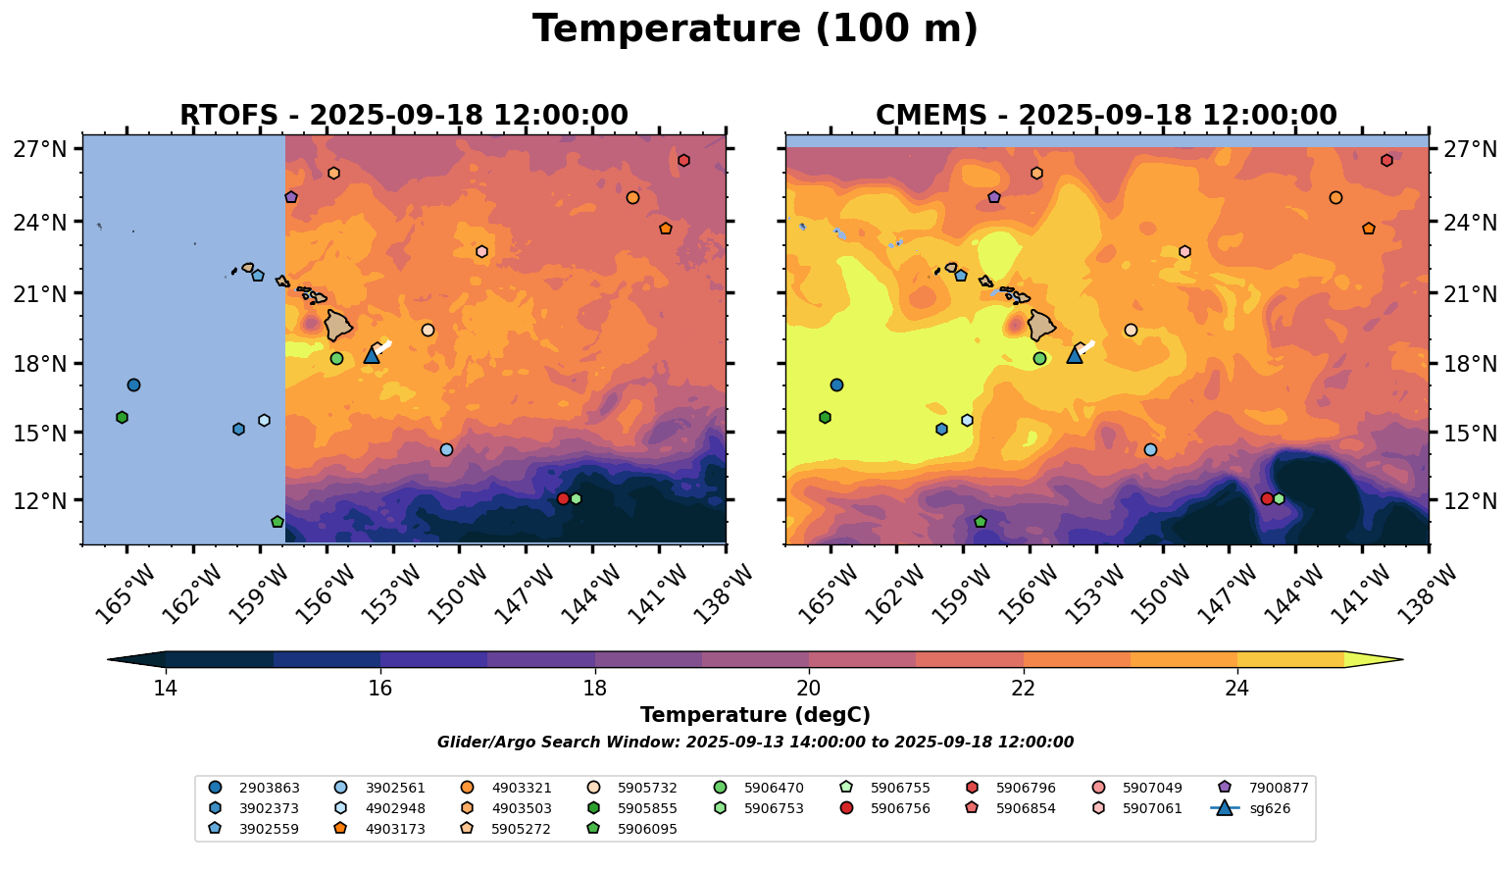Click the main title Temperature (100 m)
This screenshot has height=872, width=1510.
pyautogui.click(x=755, y=29)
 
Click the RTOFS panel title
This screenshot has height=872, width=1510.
pyautogui.click(x=403, y=116)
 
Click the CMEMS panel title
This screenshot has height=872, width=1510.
pyautogui.click(x=1106, y=116)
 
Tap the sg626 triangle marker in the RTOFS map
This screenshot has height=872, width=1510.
pyautogui.click(x=372, y=355)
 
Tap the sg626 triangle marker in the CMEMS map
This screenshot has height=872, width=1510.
pyautogui.click(x=1075, y=355)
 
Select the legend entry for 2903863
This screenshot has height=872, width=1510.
pyautogui.click(x=254, y=788)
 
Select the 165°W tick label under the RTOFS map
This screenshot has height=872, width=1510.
pyautogui.click(x=126, y=593)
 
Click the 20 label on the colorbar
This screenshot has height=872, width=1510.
pyautogui.click(x=809, y=688)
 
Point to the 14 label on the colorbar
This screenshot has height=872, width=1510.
pyautogui.click(x=166, y=688)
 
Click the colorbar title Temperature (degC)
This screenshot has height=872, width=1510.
pyautogui.click(x=755, y=715)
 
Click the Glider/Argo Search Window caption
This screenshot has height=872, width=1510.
pyautogui.click(x=755, y=743)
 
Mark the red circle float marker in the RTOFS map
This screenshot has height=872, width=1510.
pyautogui.click(x=563, y=499)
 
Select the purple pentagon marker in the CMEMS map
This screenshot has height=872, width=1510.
pyautogui.click(x=994, y=197)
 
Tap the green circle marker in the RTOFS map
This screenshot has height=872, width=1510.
pyautogui.click(x=336, y=359)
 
